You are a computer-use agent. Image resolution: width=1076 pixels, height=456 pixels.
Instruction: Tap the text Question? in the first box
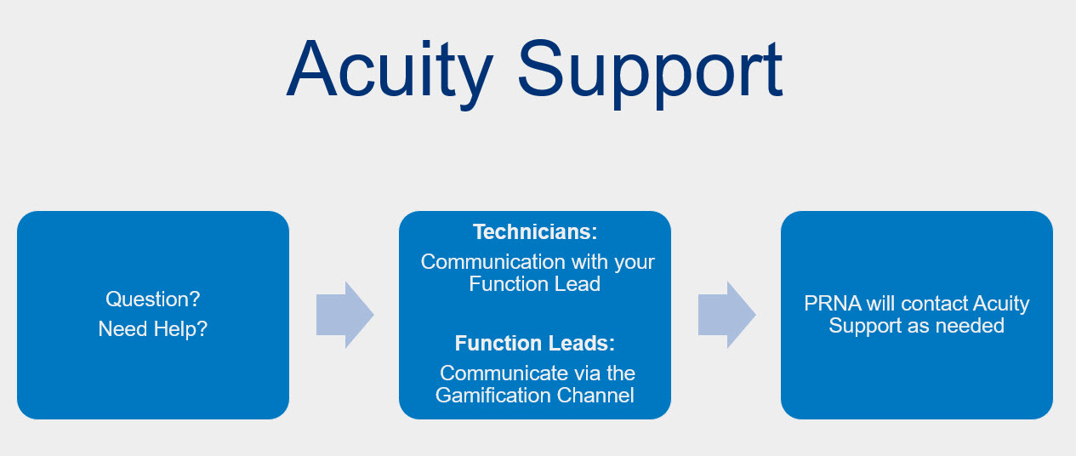(153, 299)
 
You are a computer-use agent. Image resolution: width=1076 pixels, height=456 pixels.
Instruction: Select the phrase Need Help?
(153, 328)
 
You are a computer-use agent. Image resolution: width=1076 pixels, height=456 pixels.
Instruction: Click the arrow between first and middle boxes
(344, 315)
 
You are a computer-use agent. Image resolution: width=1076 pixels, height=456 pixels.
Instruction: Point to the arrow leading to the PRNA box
(726, 315)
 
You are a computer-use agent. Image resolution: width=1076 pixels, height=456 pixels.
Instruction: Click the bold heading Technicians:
(534, 232)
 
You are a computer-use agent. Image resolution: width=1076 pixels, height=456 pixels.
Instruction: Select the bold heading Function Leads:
(534, 344)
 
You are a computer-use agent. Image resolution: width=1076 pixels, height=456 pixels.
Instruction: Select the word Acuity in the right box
(1001, 304)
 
